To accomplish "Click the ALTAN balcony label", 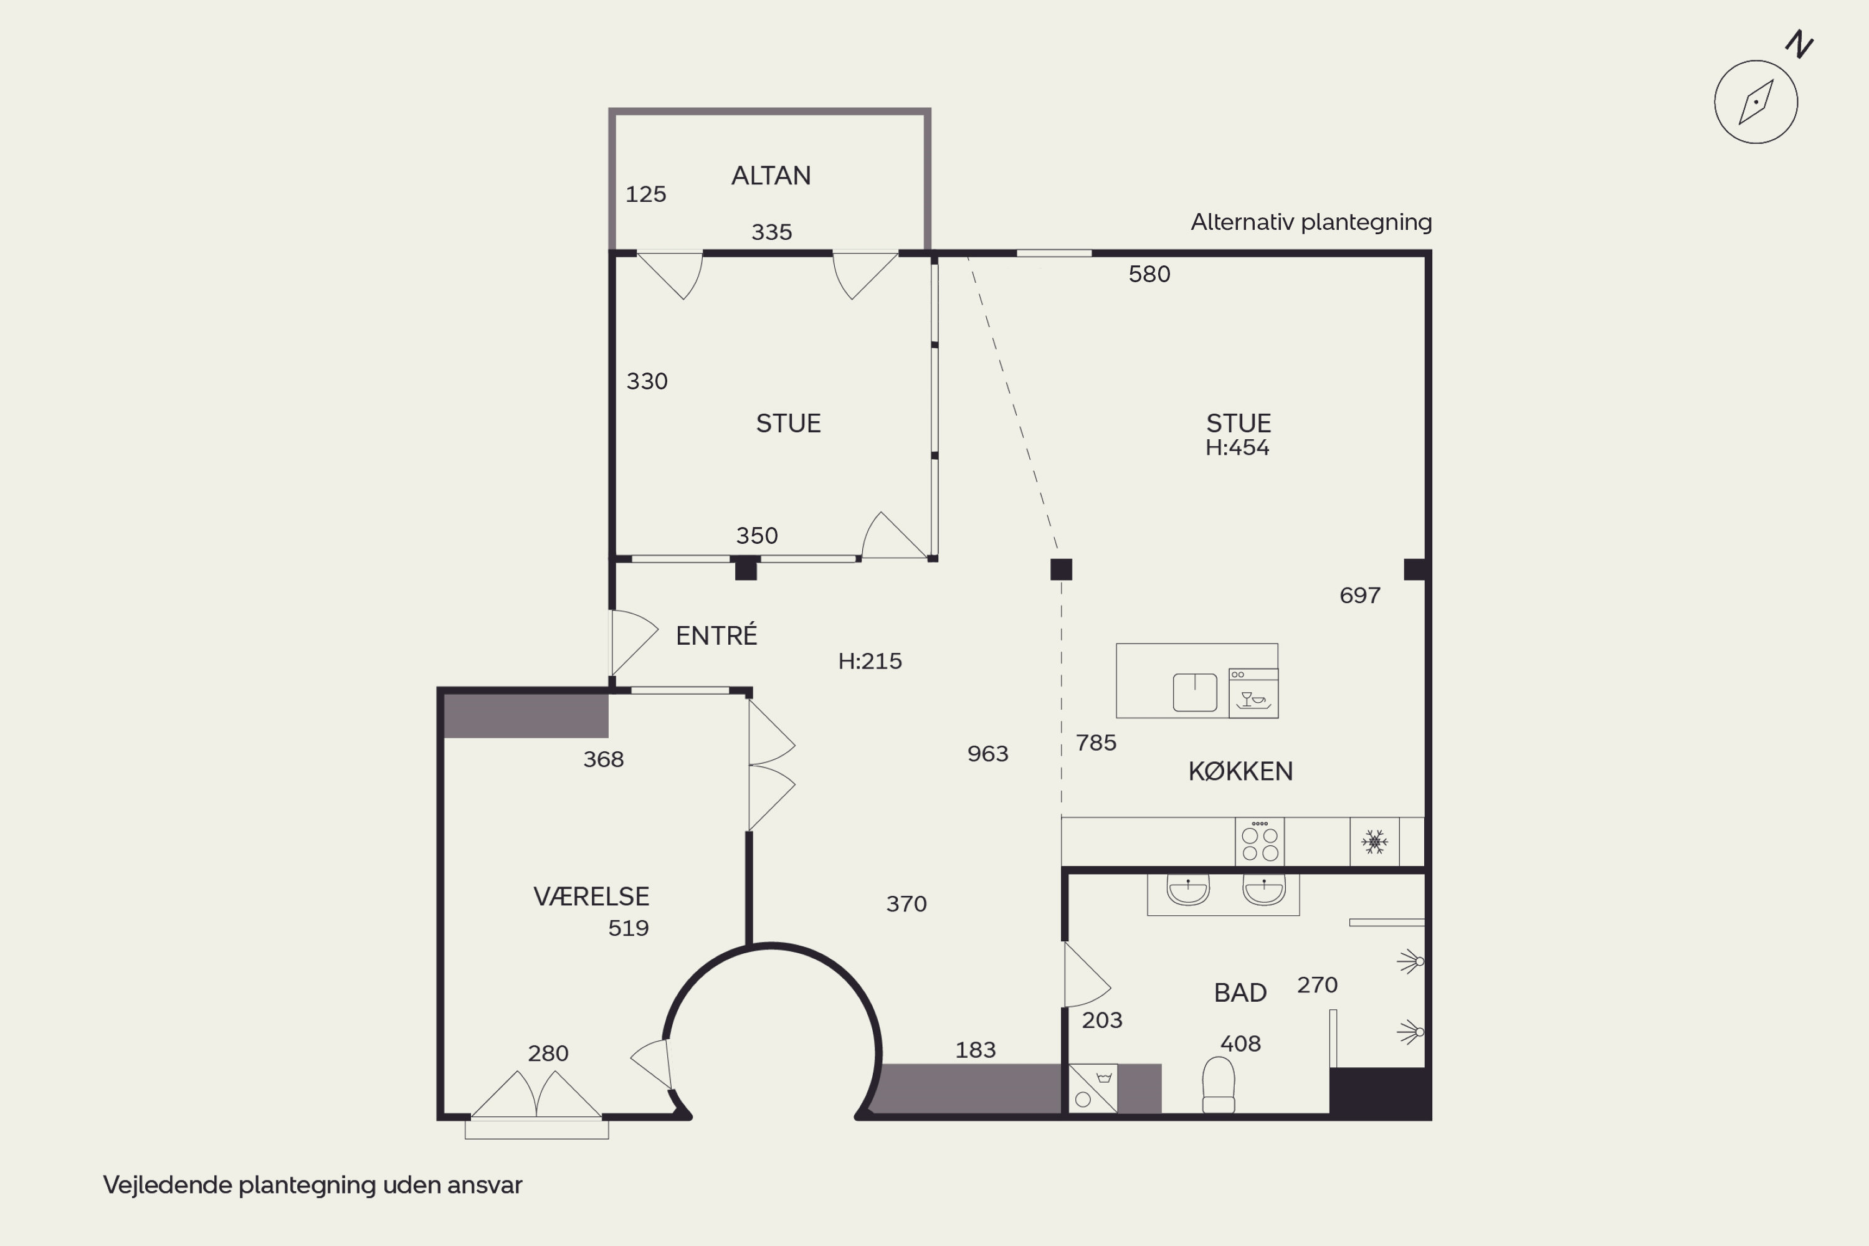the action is coord(771,176).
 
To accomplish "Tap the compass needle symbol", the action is coord(1756,102).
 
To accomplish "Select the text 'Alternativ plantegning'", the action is coord(1311,222).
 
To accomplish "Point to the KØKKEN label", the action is coord(1240,772).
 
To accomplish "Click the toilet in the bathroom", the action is coord(1218,1085).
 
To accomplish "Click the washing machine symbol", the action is coord(1093,1088).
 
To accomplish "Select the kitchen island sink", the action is coord(1195,692).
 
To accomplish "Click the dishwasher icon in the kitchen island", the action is coord(1253,693).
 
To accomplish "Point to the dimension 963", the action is coord(987,754).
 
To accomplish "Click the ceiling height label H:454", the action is coord(1237,448).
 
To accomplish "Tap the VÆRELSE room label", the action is coord(591,897).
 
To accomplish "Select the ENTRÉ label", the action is coord(716,635).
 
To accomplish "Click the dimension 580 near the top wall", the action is coord(1149,274).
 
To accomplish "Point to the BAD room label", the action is coord(1240,993).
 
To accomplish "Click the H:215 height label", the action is coord(870,661).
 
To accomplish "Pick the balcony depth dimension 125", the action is coord(645,194).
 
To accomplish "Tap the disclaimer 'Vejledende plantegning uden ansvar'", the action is coord(312,1186).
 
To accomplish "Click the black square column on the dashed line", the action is coord(1061,569).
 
